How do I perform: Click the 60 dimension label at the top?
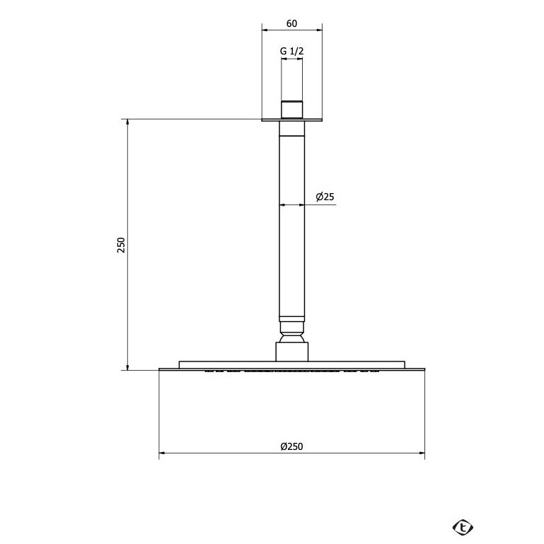point(291,23)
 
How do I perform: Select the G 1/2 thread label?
point(291,51)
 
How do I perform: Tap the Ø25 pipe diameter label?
point(325,197)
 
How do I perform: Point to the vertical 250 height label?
point(121,245)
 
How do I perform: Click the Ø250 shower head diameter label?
point(291,446)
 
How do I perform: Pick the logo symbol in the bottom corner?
point(463,528)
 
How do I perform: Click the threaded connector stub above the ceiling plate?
point(291,110)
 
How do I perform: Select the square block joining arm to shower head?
point(291,352)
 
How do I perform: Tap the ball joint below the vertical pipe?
point(291,332)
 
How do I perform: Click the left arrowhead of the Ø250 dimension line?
point(162,453)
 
